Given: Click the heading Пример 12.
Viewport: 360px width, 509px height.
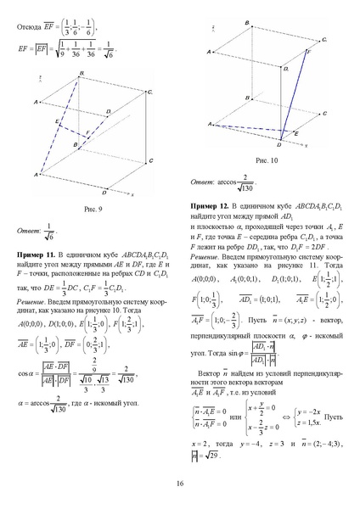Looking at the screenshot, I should [x=210, y=206].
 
